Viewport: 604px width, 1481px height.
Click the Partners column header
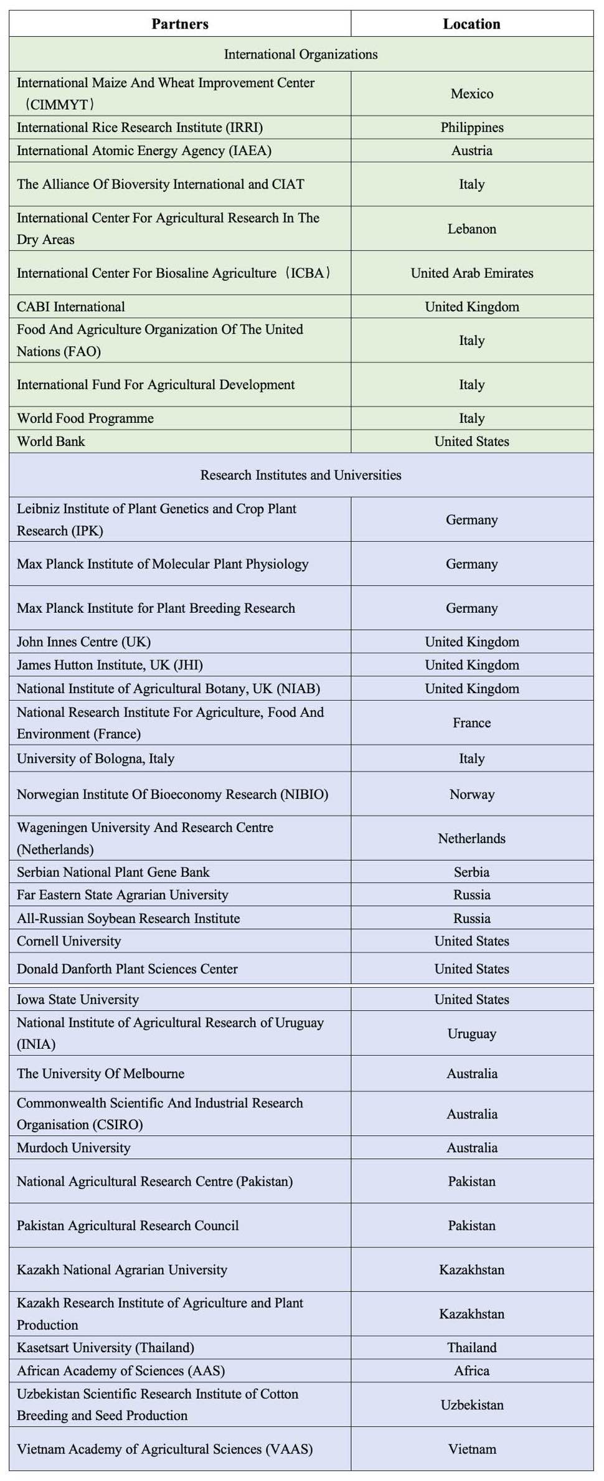pyautogui.click(x=180, y=24)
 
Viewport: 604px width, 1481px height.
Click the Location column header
pyautogui.click(x=471, y=24)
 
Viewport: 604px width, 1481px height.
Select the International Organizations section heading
pyautogui.click(x=301, y=54)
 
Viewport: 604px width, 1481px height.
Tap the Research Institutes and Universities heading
pyautogui.click(x=301, y=475)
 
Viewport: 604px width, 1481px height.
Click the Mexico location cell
pyautogui.click(x=471, y=94)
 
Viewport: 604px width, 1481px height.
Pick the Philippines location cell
pyautogui.click(x=471, y=128)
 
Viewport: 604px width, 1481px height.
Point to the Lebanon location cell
pyautogui.click(x=471, y=229)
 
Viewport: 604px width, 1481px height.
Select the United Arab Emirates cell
pyautogui.click(x=471, y=273)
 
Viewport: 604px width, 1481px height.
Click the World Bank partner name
pyautogui.click(x=51, y=442)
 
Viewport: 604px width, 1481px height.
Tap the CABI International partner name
pyautogui.click(x=71, y=307)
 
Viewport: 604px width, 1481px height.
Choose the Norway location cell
pyautogui.click(x=471, y=795)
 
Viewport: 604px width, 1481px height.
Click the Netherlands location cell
pyautogui.click(x=471, y=839)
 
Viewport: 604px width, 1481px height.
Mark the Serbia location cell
pyautogui.click(x=471, y=873)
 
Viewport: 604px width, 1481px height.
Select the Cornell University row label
pyautogui.click(x=69, y=942)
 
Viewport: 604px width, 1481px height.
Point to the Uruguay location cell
pyautogui.click(x=471, y=1034)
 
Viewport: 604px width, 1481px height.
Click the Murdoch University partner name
pyautogui.click(x=73, y=1148)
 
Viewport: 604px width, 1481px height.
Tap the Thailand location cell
pyautogui.click(x=471, y=1348)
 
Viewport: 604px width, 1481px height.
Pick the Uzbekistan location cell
pyautogui.click(x=471, y=1405)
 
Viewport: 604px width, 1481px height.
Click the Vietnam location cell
pyautogui.click(x=471, y=1449)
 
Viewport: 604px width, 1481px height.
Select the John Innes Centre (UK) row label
pyautogui.click(x=84, y=642)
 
